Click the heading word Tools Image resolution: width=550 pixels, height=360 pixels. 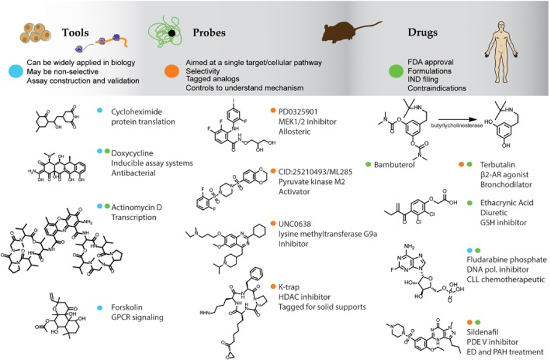point(75,33)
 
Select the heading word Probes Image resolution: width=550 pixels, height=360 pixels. point(209,33)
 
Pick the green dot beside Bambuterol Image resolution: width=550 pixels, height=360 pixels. point(368,165)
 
